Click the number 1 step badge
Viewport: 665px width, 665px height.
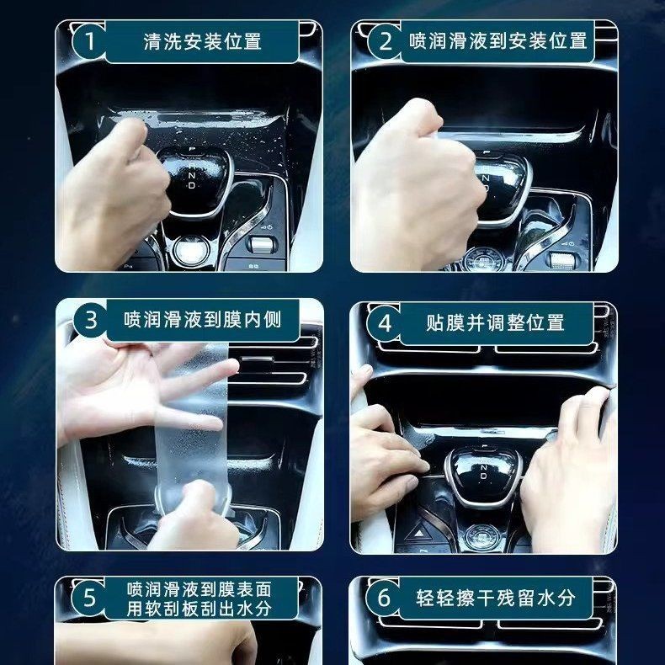(x=89, y=41)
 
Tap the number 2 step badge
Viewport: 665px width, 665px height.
(x=385, y=41)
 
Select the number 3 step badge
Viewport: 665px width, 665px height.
(x=91, y=320)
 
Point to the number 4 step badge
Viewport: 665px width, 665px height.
(x=384, y=323)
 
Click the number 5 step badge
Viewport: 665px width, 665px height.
(x=89, y=598)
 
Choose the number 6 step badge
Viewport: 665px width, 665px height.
(x=384, y=598)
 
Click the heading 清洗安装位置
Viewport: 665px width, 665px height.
(x=202, y=41)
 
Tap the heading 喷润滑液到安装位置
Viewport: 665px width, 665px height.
(x=498, y=41)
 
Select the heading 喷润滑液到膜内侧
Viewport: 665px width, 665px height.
(x=203, y=320)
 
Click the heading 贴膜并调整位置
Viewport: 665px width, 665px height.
(x=495, y=322)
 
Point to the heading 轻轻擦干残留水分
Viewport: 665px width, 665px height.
(x=496, y=598)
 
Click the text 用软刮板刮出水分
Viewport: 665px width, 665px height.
(x=199, y=609)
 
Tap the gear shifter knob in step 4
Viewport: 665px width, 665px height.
(x=482, y=475)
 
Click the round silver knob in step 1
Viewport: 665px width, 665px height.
(x=191, y=250)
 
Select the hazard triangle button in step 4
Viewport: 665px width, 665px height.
(x=418, y=533)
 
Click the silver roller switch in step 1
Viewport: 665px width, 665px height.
(x=261, y=244)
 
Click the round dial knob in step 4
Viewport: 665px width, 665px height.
(x=482, y=535)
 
